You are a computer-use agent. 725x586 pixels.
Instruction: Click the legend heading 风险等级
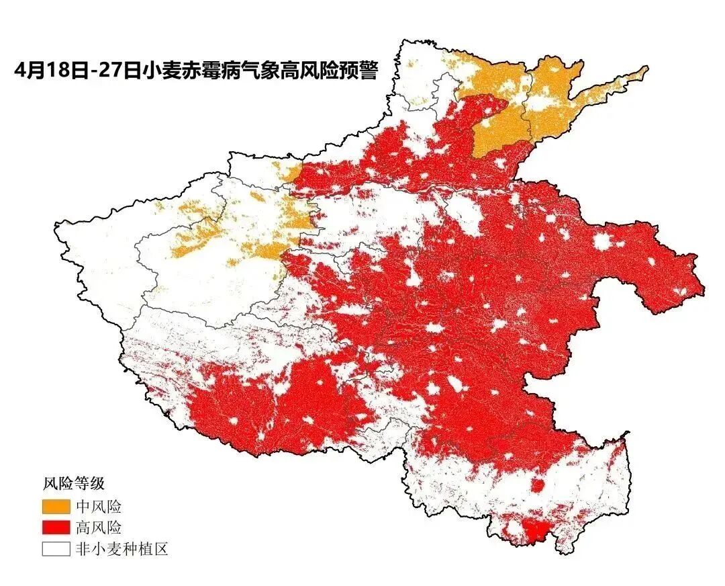pos(73,483)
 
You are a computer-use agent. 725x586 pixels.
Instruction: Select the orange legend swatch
pos(56,506)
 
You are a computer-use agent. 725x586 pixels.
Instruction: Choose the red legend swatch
pos(56,528)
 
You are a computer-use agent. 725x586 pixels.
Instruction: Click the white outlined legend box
pos(56,549)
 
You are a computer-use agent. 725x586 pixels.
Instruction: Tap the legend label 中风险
pos(99,506)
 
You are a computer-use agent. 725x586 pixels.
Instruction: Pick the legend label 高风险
pos(99,528)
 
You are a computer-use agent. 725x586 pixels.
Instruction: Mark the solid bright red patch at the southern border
pos(534,531)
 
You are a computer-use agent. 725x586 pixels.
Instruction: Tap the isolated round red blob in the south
pos(538,486)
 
